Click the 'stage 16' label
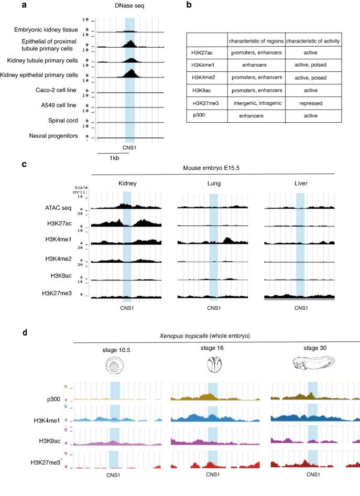pyautogui.click(x=212, y=349)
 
